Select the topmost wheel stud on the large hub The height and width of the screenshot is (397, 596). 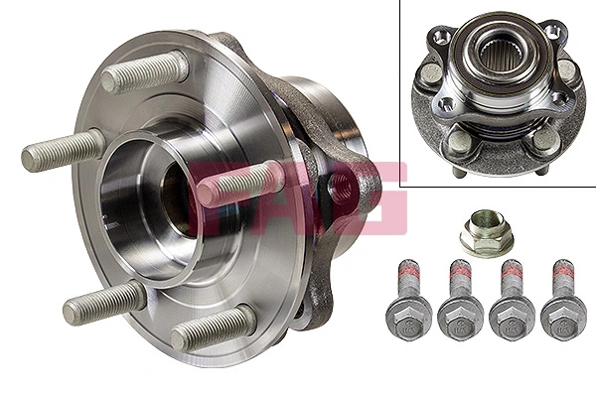[x=145, y=72]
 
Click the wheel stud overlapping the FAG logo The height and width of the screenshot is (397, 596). [x=238, y=184]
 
